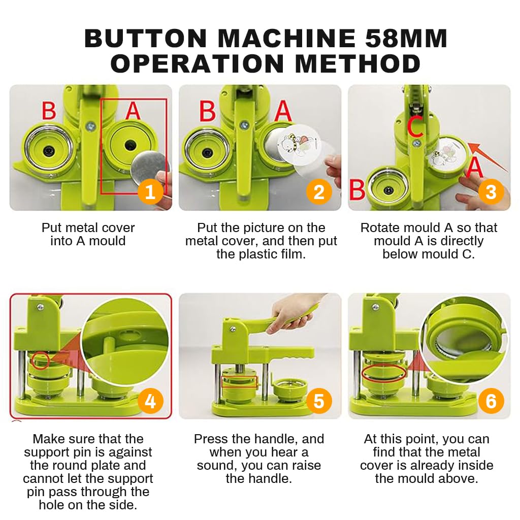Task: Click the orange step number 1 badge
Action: (x=150, y=192)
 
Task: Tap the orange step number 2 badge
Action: (x=319, y=192)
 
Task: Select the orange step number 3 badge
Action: (x=491, y=192)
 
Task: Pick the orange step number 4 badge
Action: (x=150, y=401)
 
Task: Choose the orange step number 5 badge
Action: (x=319, y=401)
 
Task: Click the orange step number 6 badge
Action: (x=491, y=401)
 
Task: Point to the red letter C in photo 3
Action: (x=415, y=128)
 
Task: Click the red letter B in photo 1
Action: (x=49, y=110)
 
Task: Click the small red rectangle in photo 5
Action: (x=240, y=381)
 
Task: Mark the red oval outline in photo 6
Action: (x=383, y=374)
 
